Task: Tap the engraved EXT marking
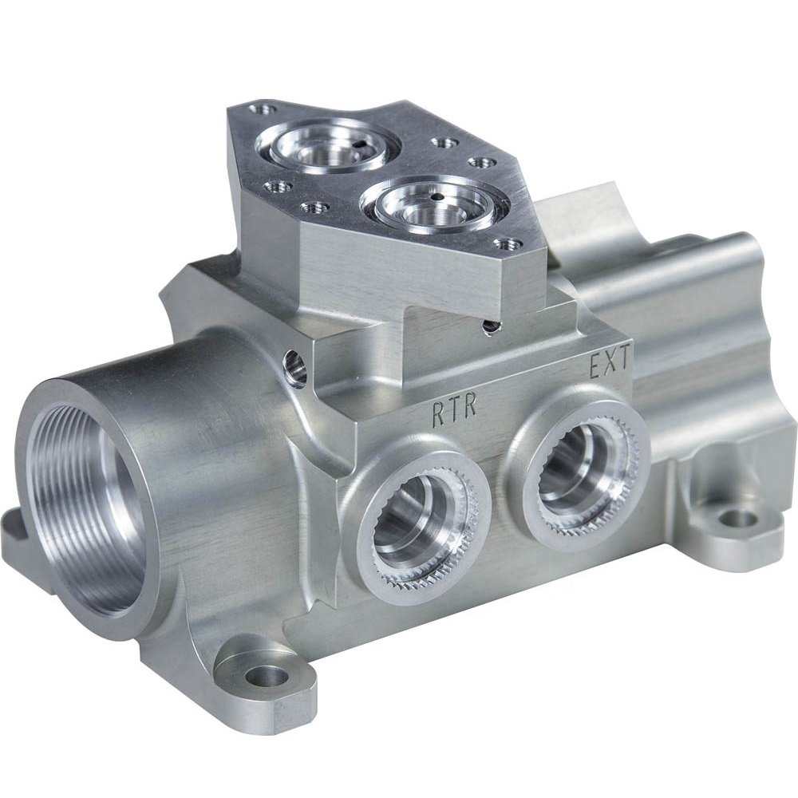[610, 365]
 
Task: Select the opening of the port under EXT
[576, 472]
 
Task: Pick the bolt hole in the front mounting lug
[266, 677]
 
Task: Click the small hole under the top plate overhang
[491, 325]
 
